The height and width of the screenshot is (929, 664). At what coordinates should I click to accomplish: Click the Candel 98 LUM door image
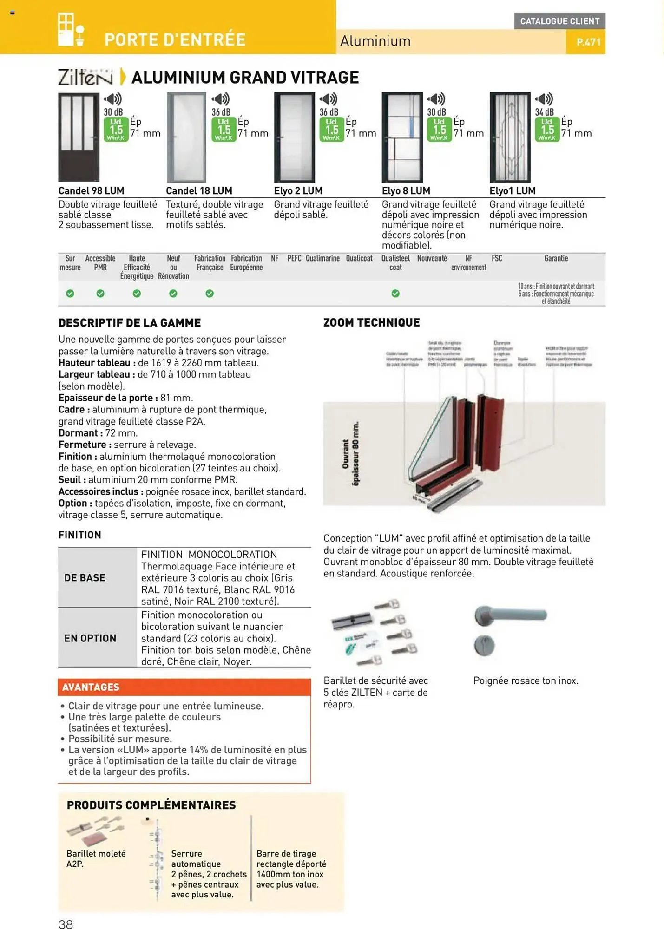(x=79, y=137)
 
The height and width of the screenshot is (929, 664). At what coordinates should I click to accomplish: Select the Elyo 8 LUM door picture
(x=402, y=137)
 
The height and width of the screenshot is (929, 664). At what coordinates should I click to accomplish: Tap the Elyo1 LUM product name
(x=512, y=190)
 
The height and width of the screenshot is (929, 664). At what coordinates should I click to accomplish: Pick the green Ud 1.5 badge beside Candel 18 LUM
(x=224, y=129)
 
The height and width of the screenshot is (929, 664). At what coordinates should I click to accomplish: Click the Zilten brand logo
(x=85, y=77)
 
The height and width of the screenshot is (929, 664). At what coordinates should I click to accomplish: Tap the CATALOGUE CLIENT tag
(x=559, y=21)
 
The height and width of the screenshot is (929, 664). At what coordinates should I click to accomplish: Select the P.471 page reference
(x=588, y=42)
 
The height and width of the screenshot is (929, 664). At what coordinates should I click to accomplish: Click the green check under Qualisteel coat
(x=395, y=293)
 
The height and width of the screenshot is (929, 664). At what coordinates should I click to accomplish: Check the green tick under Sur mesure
(x=70, y=293)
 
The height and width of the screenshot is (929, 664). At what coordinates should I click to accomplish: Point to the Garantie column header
(x=556, y=258)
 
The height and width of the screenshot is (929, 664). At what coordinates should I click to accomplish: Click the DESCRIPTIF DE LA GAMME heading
(x=130, y=322)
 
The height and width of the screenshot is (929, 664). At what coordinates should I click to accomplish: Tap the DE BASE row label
(x=85, y=577)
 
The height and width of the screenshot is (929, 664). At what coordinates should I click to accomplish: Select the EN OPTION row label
(x=90, y=638)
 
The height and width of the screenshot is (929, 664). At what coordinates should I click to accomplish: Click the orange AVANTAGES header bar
(x=184, y=687)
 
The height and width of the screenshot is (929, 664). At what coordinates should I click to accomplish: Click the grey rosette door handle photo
(x=509, y=629)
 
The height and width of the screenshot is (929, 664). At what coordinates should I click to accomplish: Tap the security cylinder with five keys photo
(x=375, y=632)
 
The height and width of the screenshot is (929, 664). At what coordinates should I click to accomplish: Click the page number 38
(x=66, y=923)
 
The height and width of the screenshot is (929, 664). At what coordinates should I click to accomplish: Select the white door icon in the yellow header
(x=71, y=30)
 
